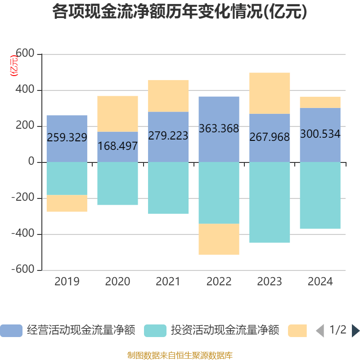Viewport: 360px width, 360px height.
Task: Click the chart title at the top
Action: (180, 12)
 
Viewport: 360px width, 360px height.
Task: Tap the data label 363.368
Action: (219, 129)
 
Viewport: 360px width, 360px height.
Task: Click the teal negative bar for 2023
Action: (270, 202)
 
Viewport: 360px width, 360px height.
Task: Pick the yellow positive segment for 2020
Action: (117, 113)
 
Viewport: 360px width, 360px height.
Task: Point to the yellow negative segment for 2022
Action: (219, 239)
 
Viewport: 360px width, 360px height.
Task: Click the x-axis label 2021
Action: (168, 282)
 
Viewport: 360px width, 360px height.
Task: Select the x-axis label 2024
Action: (320, 282)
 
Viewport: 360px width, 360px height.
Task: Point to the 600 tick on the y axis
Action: (25, 54)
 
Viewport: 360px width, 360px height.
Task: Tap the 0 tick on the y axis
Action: (31, 162)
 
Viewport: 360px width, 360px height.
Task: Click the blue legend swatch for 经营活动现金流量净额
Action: (11, 331)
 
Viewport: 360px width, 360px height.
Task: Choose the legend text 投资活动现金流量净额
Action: (225, 331)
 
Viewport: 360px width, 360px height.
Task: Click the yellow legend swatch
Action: (297, 331)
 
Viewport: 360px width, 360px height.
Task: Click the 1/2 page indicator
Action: (338, 330)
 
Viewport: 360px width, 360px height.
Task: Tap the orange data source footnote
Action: (180, 355)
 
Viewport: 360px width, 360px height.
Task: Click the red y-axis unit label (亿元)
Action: (14, 66)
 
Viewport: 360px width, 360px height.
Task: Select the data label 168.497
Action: (117, 146)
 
